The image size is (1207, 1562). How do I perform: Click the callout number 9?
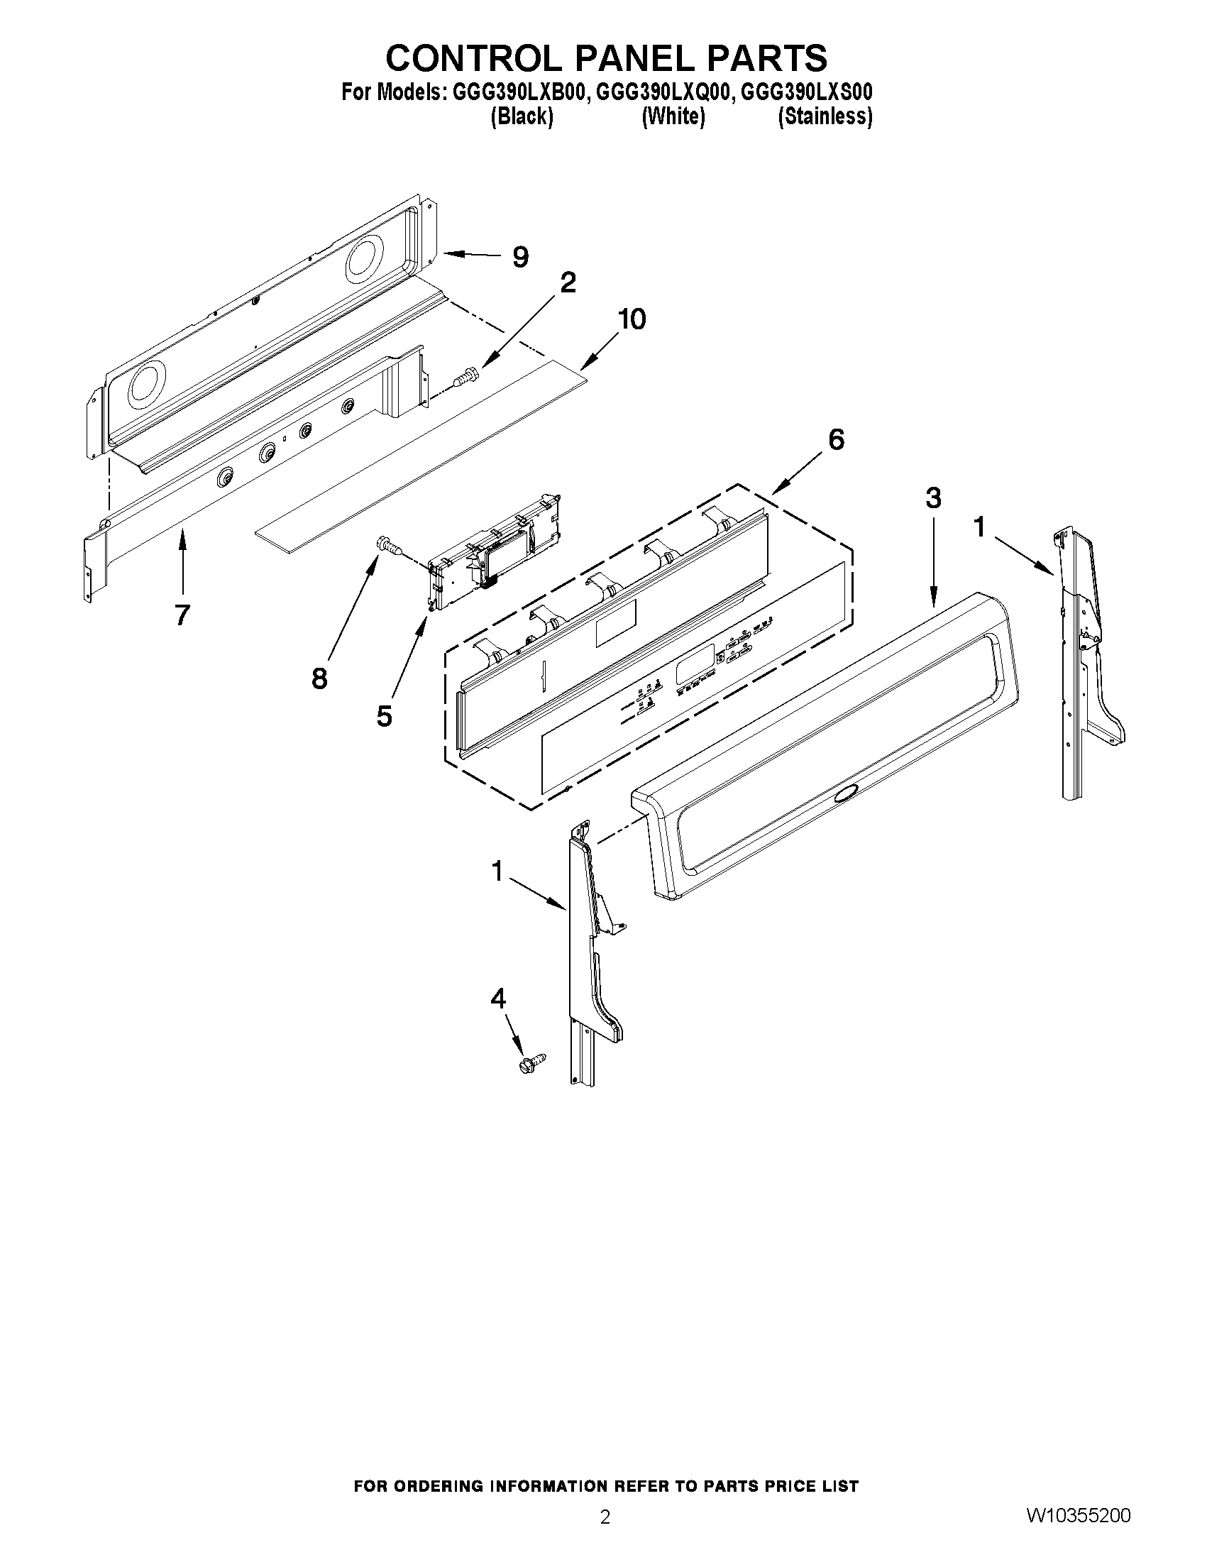521,257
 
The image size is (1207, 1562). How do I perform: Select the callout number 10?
632,319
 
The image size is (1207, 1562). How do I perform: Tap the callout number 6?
836,439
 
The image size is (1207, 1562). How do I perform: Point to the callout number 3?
933,497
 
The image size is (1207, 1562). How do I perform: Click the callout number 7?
182,615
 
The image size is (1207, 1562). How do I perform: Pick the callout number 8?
319,678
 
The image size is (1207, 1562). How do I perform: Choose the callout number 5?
385,716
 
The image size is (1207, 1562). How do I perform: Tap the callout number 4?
497,999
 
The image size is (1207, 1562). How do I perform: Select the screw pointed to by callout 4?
532,1061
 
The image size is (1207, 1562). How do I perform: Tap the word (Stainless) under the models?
825,116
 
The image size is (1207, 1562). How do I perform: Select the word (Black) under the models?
522,116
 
